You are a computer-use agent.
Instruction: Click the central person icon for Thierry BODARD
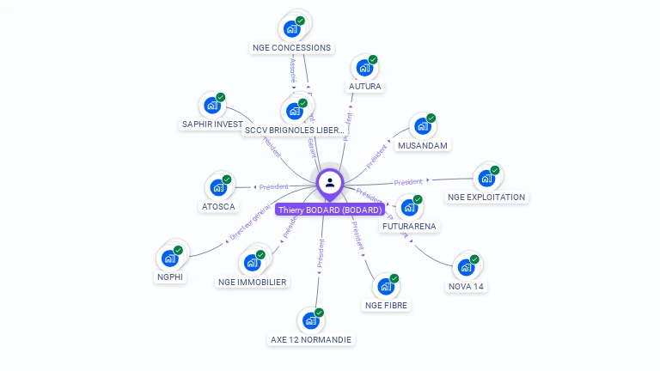[330, 182]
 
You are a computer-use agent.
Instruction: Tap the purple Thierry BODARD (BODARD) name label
[330, 210]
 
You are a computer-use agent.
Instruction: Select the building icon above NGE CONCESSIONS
[292, 28]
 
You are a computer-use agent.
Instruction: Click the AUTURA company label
[365, 87]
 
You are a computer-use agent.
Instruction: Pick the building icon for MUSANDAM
[421, 127]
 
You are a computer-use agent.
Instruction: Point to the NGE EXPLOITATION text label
[486, 198]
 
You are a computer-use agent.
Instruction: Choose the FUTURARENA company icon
[408, 208]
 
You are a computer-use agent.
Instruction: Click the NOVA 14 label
[466, 287]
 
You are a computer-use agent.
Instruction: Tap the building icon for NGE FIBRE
[385, 287]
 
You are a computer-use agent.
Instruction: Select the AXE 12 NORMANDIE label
[311, 340]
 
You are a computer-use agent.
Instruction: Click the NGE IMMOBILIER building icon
[253, 262]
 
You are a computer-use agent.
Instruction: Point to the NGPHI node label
[171, 277]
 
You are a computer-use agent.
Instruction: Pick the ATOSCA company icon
[217, 187]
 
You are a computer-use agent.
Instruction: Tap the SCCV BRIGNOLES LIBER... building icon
[294, 111]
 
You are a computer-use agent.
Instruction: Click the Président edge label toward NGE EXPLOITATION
[409, 182]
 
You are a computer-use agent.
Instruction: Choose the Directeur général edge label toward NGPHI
[250, 222]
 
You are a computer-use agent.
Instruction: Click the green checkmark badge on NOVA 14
[474, 259]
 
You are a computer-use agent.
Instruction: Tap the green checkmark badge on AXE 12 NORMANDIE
[319, 313]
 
